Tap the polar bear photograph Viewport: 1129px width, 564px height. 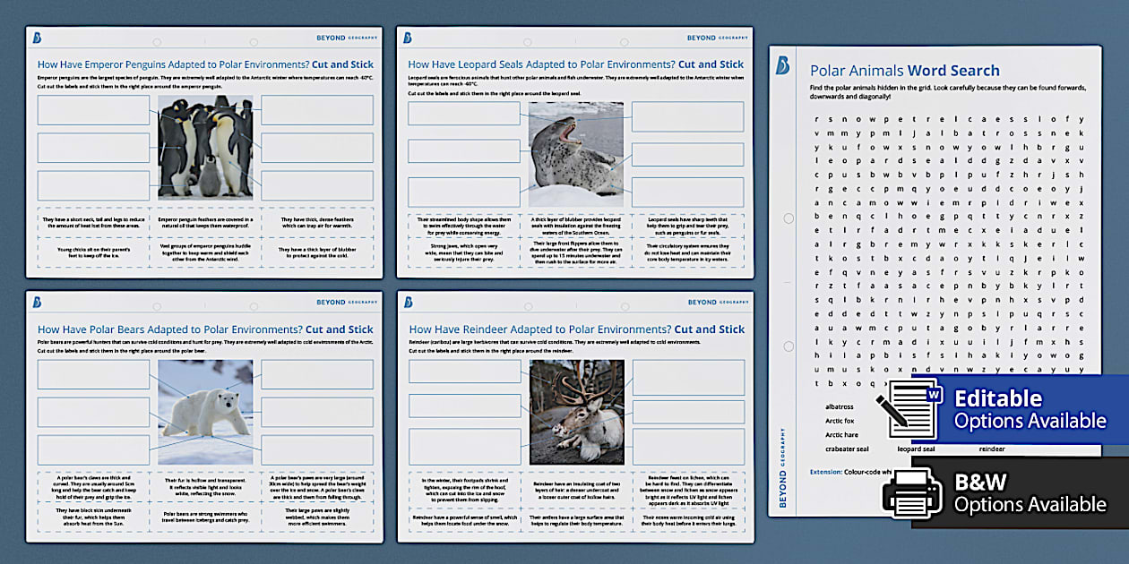point(205,412)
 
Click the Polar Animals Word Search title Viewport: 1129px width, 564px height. point(904,71)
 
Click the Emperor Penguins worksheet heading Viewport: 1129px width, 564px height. point(205,64)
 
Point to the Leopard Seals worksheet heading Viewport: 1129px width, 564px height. point(575,64)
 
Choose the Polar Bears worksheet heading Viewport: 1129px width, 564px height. point(205,329)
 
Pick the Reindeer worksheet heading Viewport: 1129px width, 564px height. point(576,329)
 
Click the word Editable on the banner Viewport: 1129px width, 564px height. point(998,398)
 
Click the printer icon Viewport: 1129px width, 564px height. point(912,491)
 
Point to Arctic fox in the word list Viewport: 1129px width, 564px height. point(840,421)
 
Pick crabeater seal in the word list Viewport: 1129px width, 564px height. point(847,449)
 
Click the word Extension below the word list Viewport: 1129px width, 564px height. point(825,471)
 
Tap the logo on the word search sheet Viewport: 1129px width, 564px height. point(782,65)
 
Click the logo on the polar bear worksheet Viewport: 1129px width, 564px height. point(37,302)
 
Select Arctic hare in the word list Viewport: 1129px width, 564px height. point(841,435)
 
